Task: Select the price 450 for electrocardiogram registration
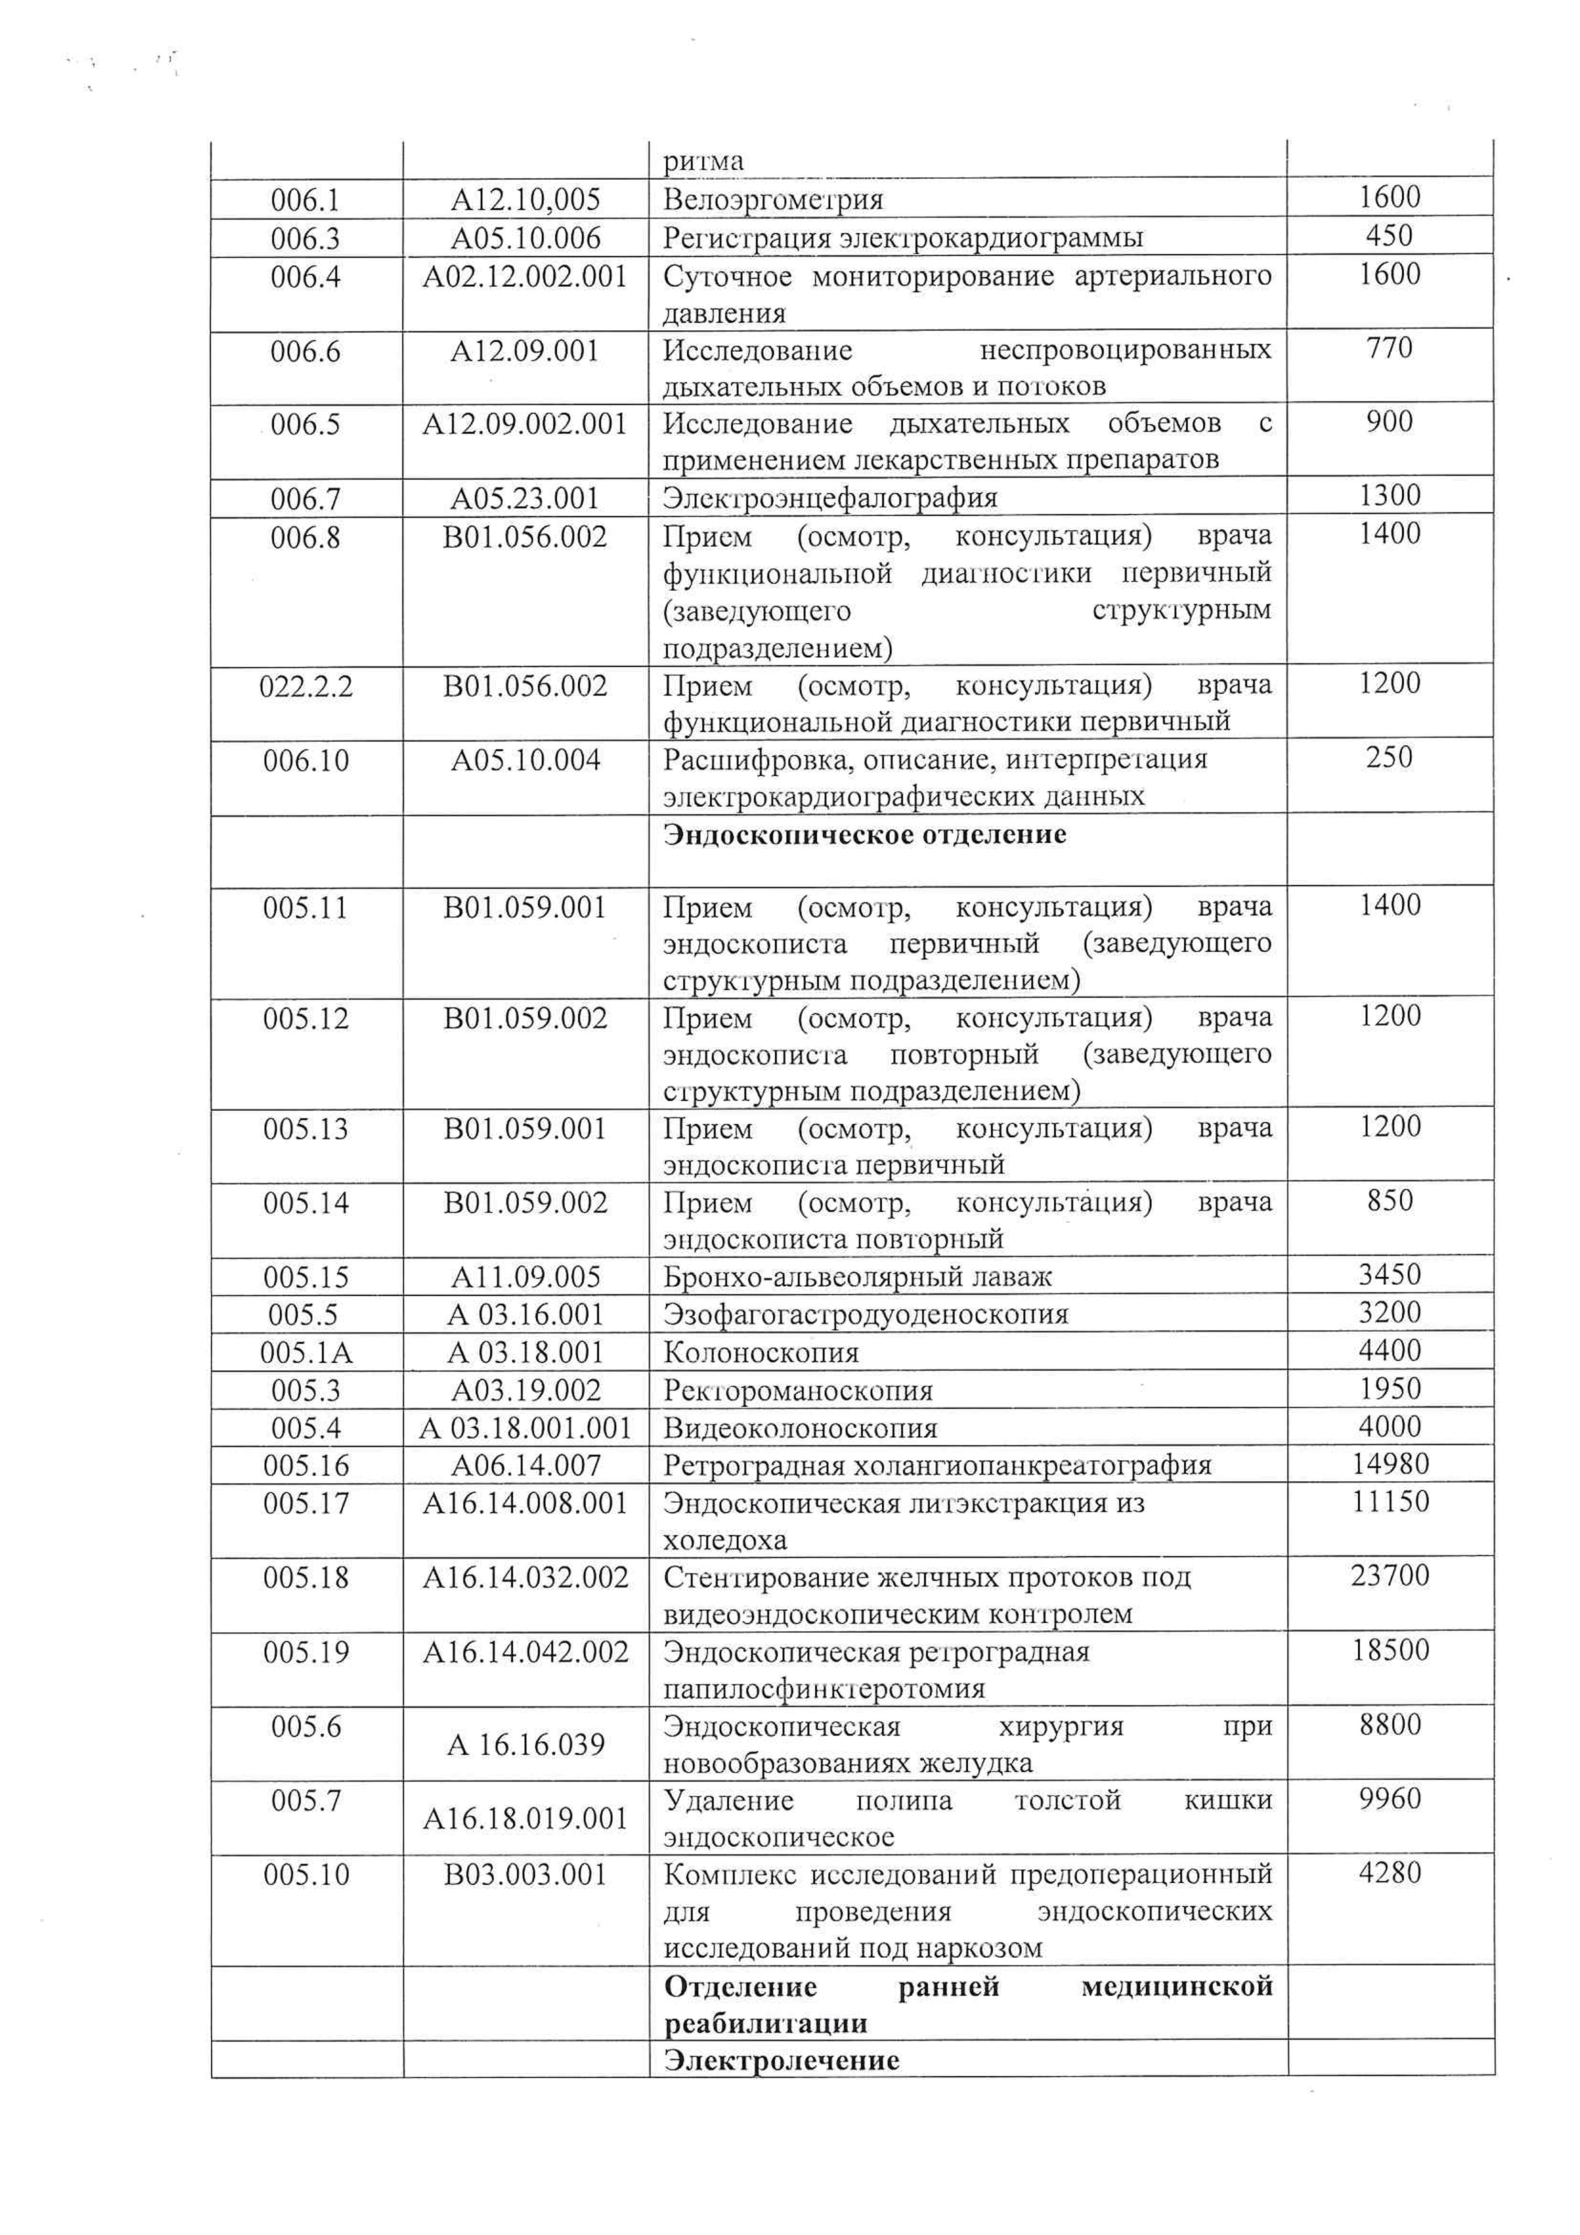(x=1389, y=237)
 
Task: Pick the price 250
(x=1389, y=757)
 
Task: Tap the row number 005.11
(x=306, y=908)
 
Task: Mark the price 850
(x=1389, y=1200)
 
